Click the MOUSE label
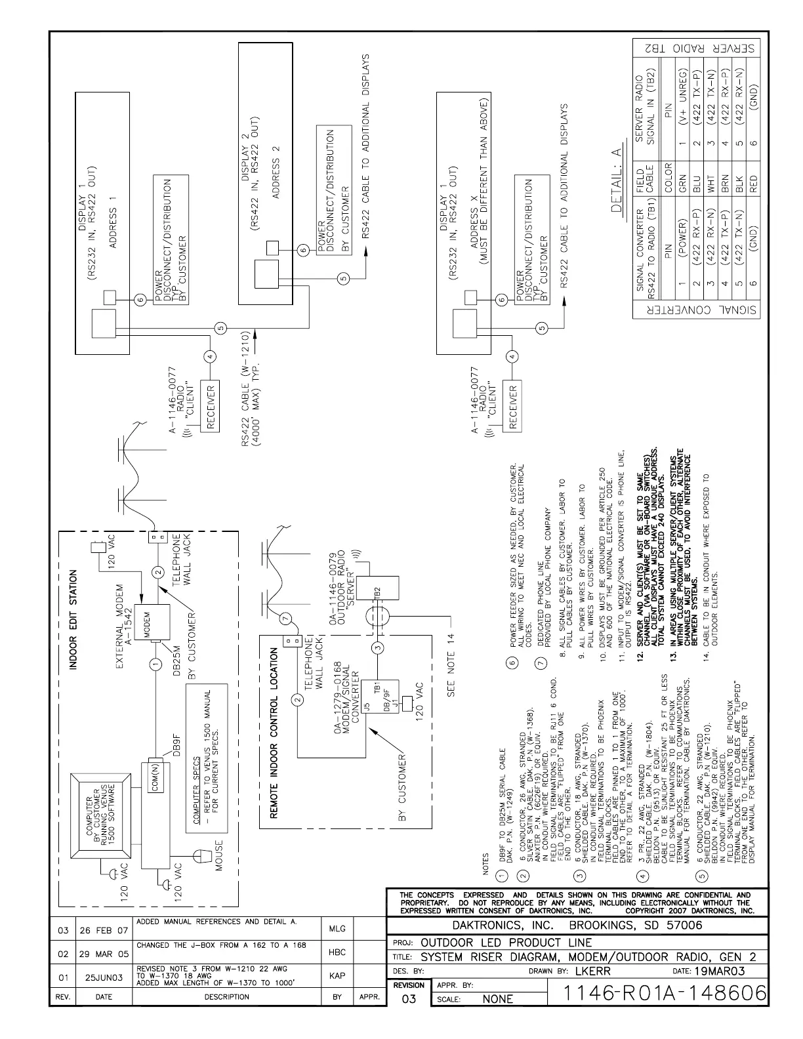[x=219, y=855]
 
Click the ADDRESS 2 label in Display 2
[x=276, y=171]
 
